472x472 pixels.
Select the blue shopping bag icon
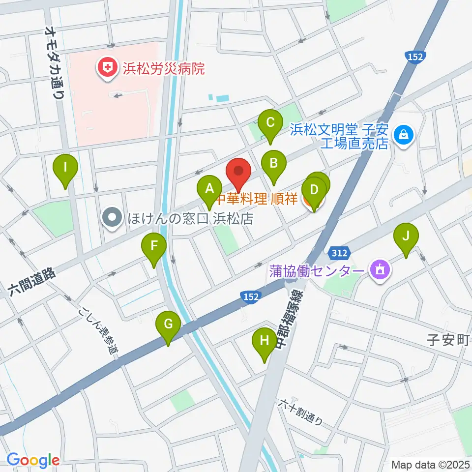(404, 133)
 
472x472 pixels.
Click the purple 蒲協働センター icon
(379, 270)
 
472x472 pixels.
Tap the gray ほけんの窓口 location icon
(113, 217)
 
